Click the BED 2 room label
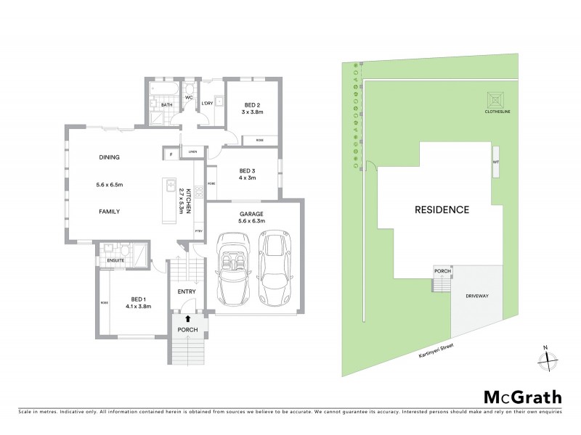point(251,104)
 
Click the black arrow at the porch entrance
point(187,318)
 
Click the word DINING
point(109,157)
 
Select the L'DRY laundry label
point(208,104)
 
